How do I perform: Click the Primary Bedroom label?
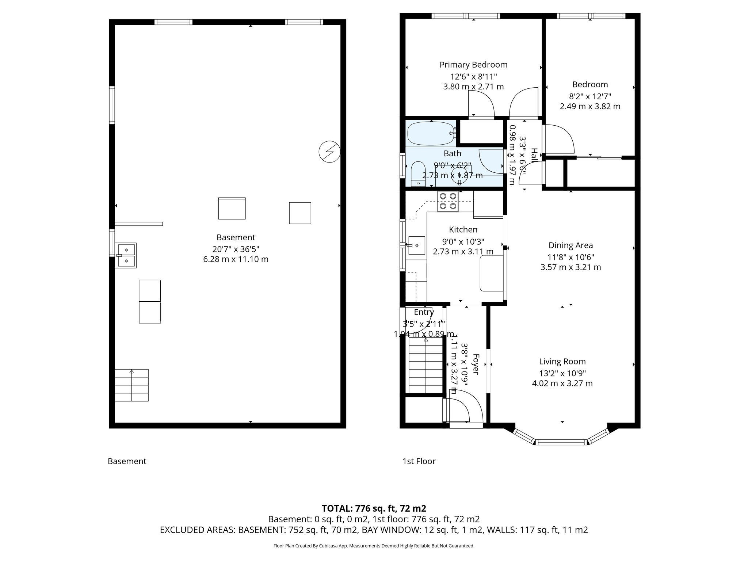click(473, 65)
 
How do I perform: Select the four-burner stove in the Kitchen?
click(448, 201)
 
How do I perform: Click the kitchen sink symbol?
click(416, 245)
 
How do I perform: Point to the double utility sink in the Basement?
click(126, 255)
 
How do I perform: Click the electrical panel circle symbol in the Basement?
click(329, 152)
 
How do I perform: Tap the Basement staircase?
click(131, 385)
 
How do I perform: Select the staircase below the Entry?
click(425, 365)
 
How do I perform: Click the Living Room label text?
click(562, 362)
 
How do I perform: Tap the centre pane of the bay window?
click(562, 442)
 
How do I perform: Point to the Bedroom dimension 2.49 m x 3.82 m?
click(590, 107)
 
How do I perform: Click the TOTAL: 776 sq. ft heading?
click(374, 508)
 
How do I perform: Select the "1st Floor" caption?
click(419, 461)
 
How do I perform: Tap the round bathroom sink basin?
click(459, 175)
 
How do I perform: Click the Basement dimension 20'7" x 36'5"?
click(236, 249)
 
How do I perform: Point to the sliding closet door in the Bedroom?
click(599, 157)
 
